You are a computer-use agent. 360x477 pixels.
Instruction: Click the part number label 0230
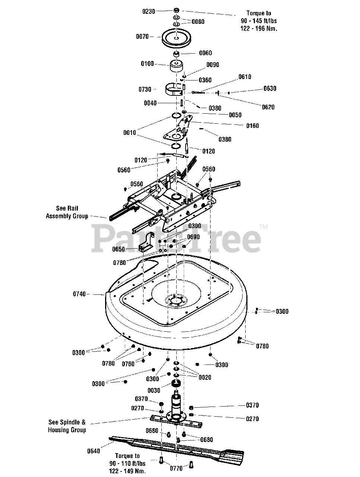click(x=148, y=12)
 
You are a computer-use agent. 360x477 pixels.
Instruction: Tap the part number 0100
click(x=147, y=64)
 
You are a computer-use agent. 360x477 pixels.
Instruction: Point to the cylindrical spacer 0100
click(x=177, y=66)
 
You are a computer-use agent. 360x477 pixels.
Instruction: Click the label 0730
click(x=145, y=89)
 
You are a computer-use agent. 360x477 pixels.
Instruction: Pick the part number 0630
click(x=270, y=89)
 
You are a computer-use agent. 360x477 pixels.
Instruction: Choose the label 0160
click(x=252, y=126)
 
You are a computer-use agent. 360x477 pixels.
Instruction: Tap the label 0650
click(x=119, y=249)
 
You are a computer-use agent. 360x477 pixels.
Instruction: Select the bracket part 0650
click(x=147, y=242)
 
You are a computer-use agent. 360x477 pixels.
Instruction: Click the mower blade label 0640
click(x=94, y=451)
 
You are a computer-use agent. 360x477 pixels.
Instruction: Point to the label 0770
click(x=176, y=468)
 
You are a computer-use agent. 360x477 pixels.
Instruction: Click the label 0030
click(x=154, y=390)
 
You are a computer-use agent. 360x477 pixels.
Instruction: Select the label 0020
click(x=205, y=378)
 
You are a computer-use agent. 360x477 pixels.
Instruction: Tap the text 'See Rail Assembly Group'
click(x=67, y=212)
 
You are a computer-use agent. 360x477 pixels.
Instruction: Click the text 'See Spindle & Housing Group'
click(x=67, y=426)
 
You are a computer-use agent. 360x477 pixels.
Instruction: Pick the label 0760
click(x=129, y=364)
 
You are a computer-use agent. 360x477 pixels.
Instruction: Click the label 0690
click(x=193, y=237)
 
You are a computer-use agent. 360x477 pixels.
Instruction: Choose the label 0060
click(x=205, y=53)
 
